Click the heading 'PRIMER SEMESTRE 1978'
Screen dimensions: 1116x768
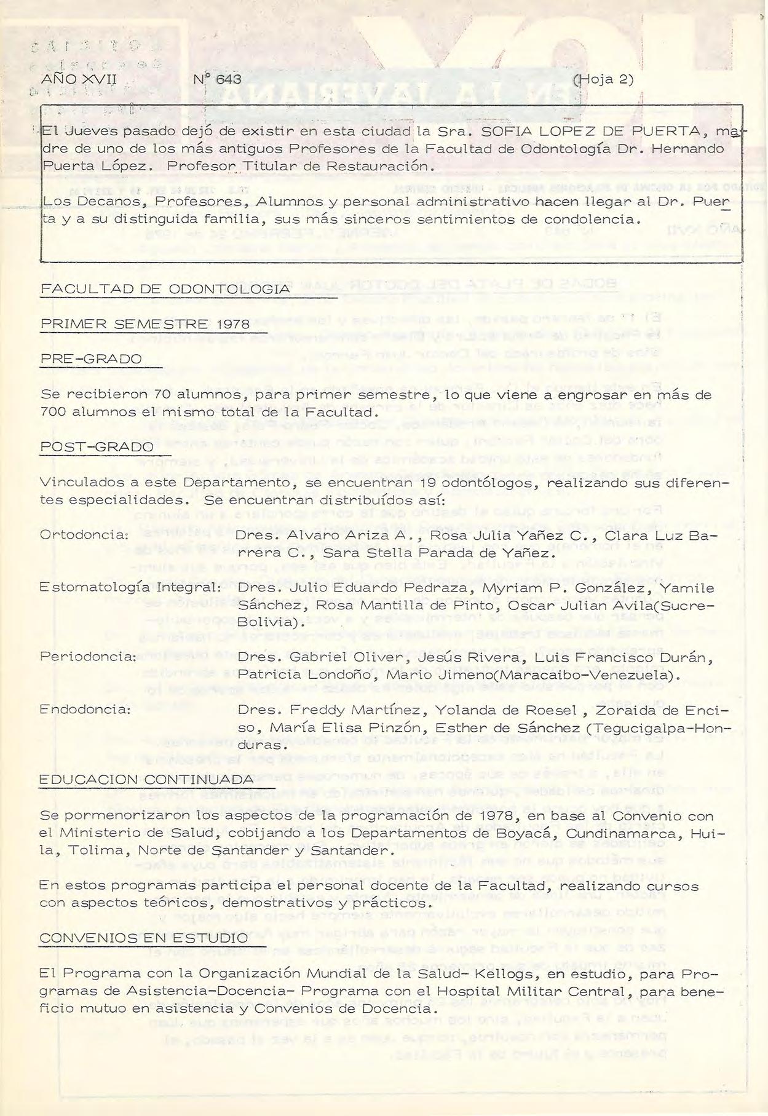[144, 324]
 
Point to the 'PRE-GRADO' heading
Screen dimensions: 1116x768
[90, 358]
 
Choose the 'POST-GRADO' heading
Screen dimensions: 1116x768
[96, 446]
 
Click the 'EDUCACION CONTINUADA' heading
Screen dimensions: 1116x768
[146, 780]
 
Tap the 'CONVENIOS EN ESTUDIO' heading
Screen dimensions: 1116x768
[143, 938]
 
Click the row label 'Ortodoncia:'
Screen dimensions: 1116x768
[84, 535]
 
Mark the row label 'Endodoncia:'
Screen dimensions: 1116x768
[85, 710]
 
